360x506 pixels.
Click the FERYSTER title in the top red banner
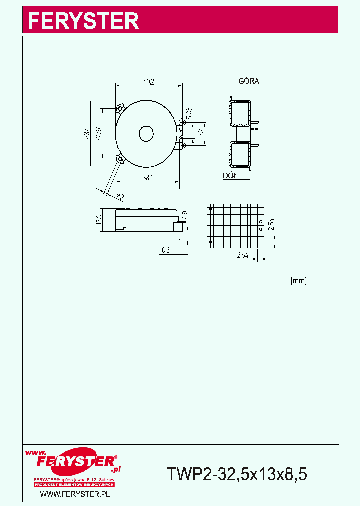point(83,21)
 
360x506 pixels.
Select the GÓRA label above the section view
point(248,81)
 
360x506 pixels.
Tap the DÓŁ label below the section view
point(229,176)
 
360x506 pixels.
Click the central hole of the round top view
point(146,133)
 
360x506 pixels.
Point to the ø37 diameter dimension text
point(87,134)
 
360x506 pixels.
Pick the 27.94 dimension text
point(99,134)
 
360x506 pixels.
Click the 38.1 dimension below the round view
point(146,177)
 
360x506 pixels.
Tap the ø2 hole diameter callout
point(120,195)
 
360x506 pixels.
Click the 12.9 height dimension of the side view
point(99,220)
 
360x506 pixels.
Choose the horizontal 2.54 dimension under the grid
point(243,255)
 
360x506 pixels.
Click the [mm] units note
point(298,281)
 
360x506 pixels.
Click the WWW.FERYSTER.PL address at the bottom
point(74,494)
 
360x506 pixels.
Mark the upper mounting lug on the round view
point(120,108)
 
